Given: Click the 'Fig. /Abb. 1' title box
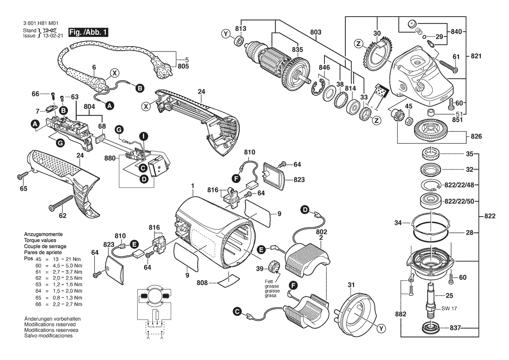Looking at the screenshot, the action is [x=88, y=32].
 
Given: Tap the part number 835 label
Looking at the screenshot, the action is [x=297, y=49].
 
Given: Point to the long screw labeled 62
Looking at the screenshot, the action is [x=62, y=203].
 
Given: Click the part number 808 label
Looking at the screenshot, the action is [x=202, y=283].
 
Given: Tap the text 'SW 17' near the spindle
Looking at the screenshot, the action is [x=449, y=308].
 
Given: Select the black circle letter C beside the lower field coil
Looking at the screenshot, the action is [x=238, y=312].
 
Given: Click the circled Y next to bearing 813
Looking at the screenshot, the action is [x=226, y=34].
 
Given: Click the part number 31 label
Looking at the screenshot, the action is [x=351, y=285].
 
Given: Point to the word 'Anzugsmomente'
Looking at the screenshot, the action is [x=43, y=234].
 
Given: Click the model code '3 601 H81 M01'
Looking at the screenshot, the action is [x=41, y=24].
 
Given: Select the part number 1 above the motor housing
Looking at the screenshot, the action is [x=192, y=186].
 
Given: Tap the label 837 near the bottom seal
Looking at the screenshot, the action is [x=455, y=328].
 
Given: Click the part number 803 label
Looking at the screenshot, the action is [x=316, y=32].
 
